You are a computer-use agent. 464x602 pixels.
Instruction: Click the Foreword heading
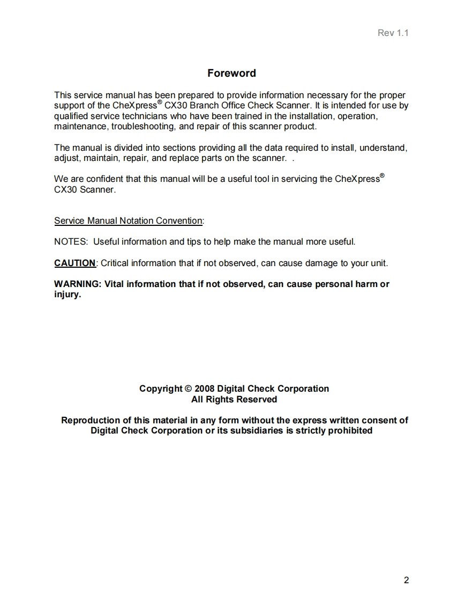coord(231,73)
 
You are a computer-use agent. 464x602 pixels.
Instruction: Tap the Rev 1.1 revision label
coord(393,33)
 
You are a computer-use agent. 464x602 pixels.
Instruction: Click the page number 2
coord(406,580)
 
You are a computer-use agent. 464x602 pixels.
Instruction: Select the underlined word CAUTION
coord(74,263)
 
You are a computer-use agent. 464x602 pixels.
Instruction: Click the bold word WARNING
coord(77,284)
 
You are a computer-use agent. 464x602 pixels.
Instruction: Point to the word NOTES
coord(71,241)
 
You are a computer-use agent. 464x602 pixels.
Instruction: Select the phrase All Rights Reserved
coord(234,399)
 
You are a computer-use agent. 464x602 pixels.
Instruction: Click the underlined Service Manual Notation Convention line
coord(129,221)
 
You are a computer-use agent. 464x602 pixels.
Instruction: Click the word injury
coord(67,295)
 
